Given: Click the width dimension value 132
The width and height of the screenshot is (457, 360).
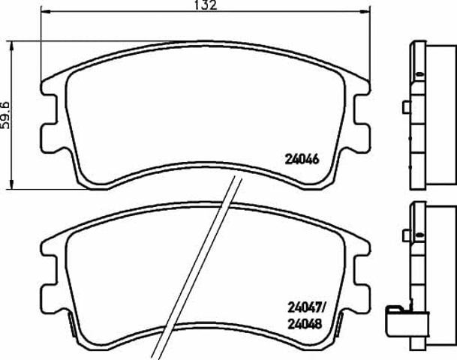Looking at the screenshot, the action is point(206,5).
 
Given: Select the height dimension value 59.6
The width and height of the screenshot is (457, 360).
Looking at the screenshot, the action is point(5,115).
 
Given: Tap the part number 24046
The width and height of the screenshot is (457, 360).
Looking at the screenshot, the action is point(302,159).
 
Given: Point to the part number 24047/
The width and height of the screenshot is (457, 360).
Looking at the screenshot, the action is point(306,307).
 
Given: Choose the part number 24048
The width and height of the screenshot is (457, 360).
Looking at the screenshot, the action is point(305,323).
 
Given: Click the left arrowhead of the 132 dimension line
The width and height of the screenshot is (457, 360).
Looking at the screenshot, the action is point(46,11).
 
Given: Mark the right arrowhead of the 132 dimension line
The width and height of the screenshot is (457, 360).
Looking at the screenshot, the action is point(365,11).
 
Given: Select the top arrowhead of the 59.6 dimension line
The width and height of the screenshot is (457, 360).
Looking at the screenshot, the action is point(12,46).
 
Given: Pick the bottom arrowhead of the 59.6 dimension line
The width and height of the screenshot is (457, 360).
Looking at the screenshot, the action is point(12,184).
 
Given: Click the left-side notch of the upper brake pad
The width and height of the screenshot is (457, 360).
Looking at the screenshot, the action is point(50,109).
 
